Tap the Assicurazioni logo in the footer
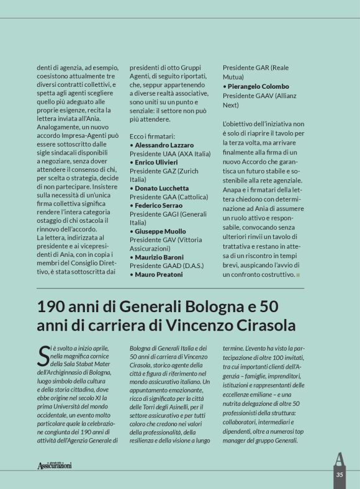coord(54,465)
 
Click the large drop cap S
coord(43,355)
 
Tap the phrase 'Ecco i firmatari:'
coord(152,135)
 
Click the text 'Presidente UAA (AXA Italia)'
coord(169,153)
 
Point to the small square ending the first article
coord(298,274)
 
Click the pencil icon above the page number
coord(339,459)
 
